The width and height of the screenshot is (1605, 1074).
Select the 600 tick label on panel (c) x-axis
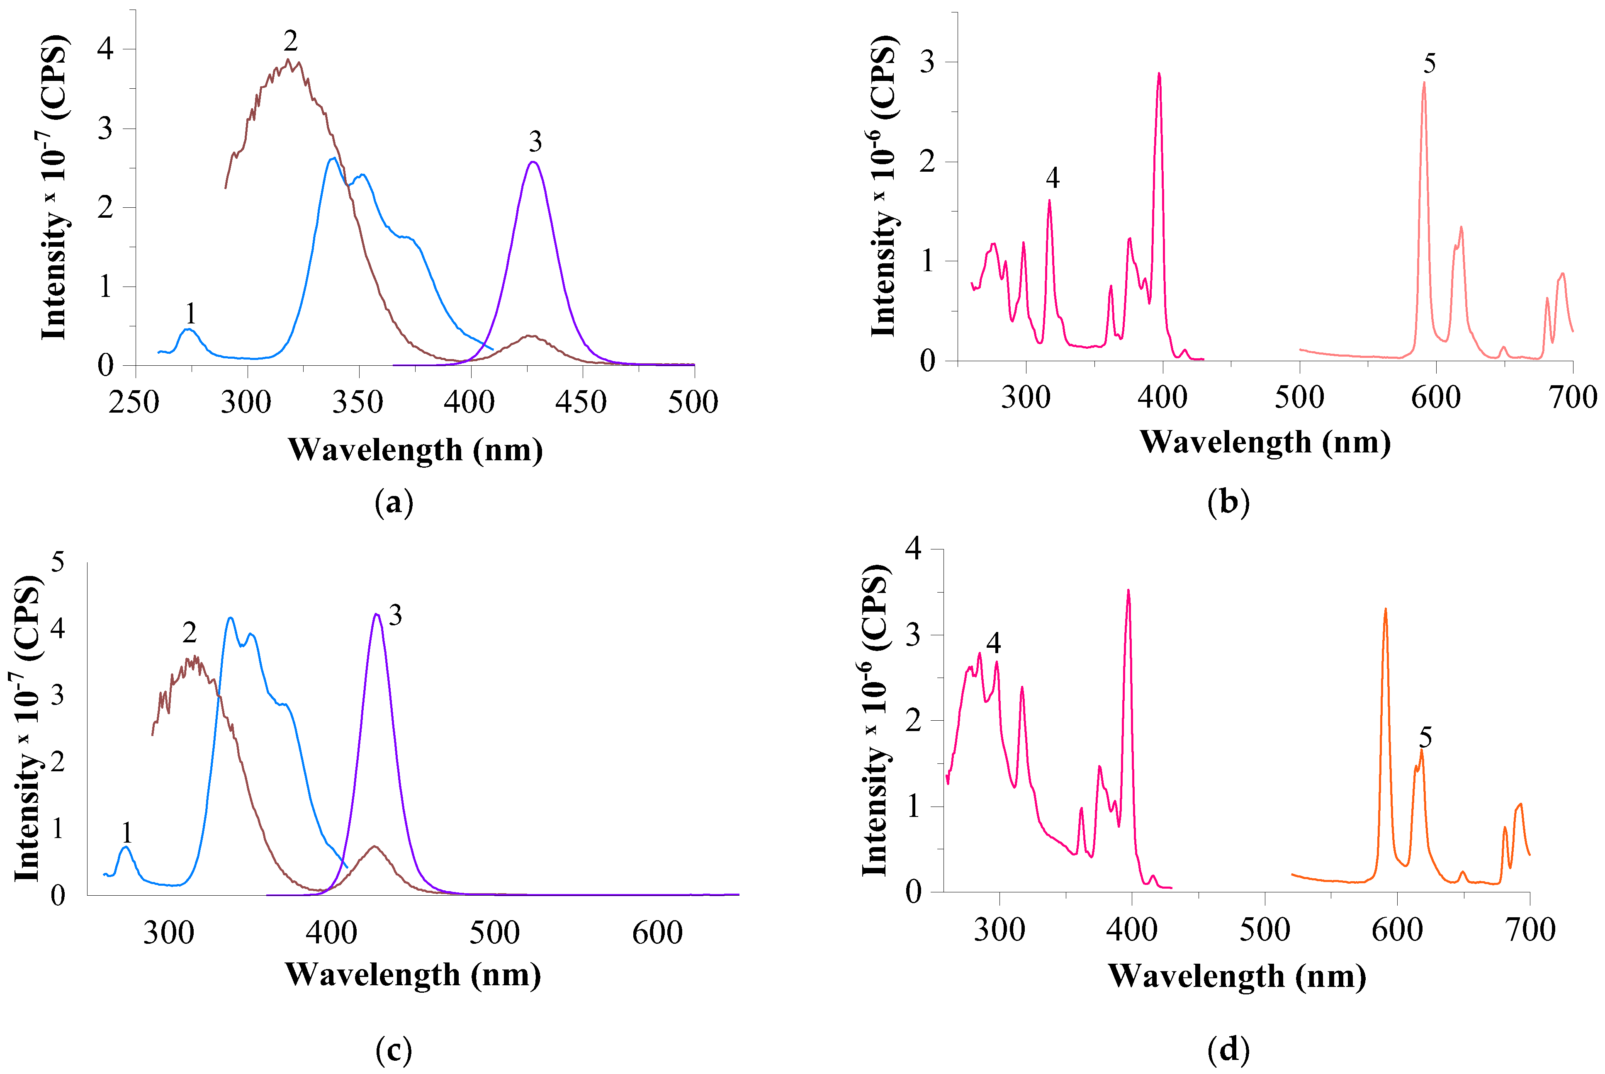[657, 933]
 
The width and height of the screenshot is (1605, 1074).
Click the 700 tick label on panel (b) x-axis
[1573, 397]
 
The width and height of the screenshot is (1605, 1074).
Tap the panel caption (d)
[1228, 1050]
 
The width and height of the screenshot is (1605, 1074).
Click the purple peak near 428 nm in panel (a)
[533, 162]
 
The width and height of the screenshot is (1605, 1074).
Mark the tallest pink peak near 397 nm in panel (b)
[1159, 73]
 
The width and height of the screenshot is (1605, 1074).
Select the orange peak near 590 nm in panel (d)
[1385, 609]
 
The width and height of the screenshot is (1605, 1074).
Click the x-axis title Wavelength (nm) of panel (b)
[1265, 442]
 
